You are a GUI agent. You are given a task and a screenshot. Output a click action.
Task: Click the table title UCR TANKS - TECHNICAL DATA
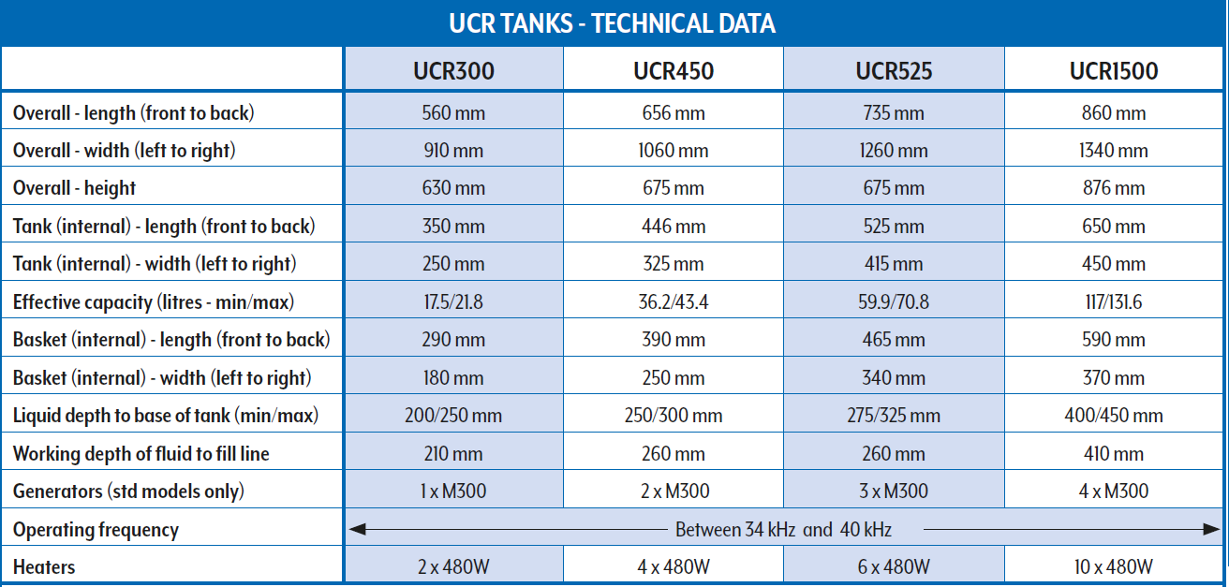pyautogui.click(x=613, y=23)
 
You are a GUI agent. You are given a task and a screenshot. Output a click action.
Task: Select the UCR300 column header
pyautogui.click(x=453, y=70)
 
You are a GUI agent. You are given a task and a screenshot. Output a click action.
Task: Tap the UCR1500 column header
pyautogui.click(x=1114, y=70)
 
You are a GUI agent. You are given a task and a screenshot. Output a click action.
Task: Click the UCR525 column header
pyautogui.click(x=894, y=70)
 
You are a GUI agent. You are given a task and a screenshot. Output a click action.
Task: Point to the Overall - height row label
pyautogui.click(x=74, y=188)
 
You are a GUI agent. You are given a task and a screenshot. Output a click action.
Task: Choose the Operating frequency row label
pyautogui.click(x=96, y=530)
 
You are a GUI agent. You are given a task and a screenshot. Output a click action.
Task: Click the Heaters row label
pyautogui.click(x=44, y=567)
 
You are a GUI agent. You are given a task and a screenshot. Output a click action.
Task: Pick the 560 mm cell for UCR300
pyautogui.click(x=453, y=113)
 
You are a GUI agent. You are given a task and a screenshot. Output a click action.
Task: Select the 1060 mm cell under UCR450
pyautogui.click(x=673, y=151)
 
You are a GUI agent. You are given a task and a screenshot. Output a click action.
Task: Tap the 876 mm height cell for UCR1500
pyautogui.click(x=1114, y=188)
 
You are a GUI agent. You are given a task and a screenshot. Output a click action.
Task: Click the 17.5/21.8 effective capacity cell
pyautogui.click(x=453, y=302)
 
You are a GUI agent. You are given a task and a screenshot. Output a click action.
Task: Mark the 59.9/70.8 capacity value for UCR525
pyautogui.click(x=894, y=302)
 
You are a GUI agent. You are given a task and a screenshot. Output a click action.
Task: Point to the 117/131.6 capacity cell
pyautogui.click(x=1114, y=302)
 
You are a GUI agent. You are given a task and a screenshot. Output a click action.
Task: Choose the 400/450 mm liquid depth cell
pyautogui.click(x=1114, y=416)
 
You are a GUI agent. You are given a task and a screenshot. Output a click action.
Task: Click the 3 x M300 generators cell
pyautogui.click(x=894, y=492)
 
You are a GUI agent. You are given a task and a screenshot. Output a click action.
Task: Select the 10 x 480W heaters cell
pyautogui.click(x=1114, y=567)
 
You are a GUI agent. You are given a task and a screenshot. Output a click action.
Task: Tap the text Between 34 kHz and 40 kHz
pyautogui.click(x=783, y=530)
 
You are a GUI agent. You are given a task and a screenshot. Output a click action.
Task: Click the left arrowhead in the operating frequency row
pyautogui.click(x=356, y=530)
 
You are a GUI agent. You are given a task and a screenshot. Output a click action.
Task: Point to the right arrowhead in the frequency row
pyautogui.click(x=1215, y=530)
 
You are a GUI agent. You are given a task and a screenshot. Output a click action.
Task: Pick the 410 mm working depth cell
pyautogui.click(x=1114, y=454)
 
